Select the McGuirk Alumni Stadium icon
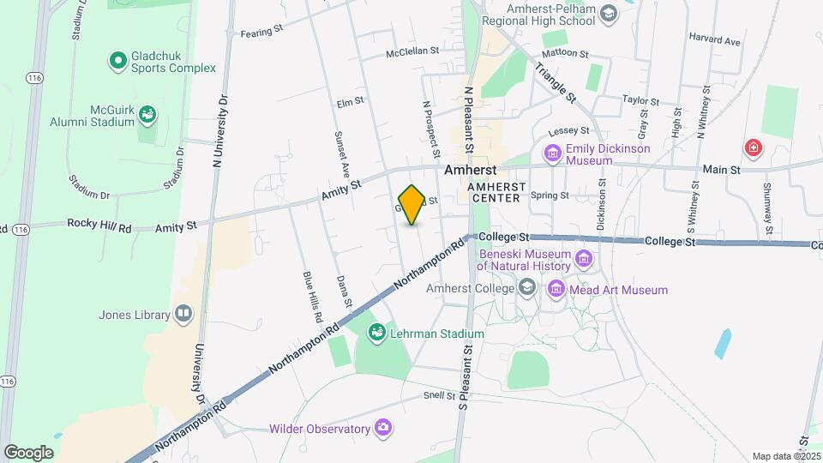(x=147, y=113)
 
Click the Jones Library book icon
(x=183, y=315)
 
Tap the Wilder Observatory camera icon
(x=383, y=428)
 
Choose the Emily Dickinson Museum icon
(x=553, y=153)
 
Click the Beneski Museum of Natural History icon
(x=584, y=258)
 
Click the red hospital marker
(x=754, y=148)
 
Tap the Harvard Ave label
(x=715, y=41)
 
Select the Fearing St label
(x=261, y=30)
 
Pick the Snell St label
(x=439, y=395)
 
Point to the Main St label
(x=722, y=171)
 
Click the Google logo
(x=28, y=452)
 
